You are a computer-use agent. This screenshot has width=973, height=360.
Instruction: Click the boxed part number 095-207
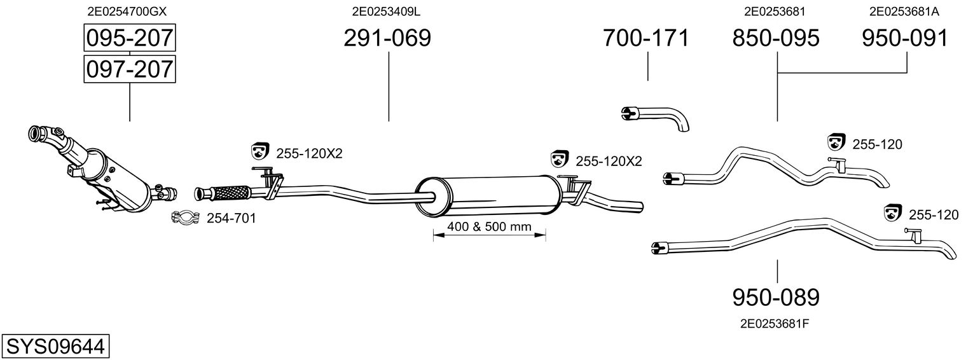pyautogui.click(x=129, y=38)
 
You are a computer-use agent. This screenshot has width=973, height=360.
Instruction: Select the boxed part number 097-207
pyautogui.click(x=129, y=68)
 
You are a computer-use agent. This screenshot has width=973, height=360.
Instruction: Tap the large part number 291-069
pyautogui.click(x=387, y=38)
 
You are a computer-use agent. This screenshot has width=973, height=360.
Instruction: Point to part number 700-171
pyautogui.click(x=645, y=38)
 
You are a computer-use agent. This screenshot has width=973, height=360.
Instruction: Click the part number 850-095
pyautogui.click(x=776, y=38)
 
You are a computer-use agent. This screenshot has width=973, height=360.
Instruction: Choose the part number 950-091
pyautogui.click(x=905, y=38)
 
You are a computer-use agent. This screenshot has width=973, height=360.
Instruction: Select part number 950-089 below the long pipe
pyautogui.click(x=776, y=297)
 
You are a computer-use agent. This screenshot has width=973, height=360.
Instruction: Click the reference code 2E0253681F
pyautogui.click(x=774, y=323)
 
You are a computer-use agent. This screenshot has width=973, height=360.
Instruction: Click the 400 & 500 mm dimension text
pyautogui.click(x=488, y=227)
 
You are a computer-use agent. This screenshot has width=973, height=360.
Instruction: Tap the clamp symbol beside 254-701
pyautogui.click(x=186, y=218)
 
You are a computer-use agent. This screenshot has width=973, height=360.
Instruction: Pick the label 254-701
pyautogui.click(x=231, y=219)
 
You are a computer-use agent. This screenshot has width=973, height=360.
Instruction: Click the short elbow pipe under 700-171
pyautogui.click(x=655, y=116)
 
